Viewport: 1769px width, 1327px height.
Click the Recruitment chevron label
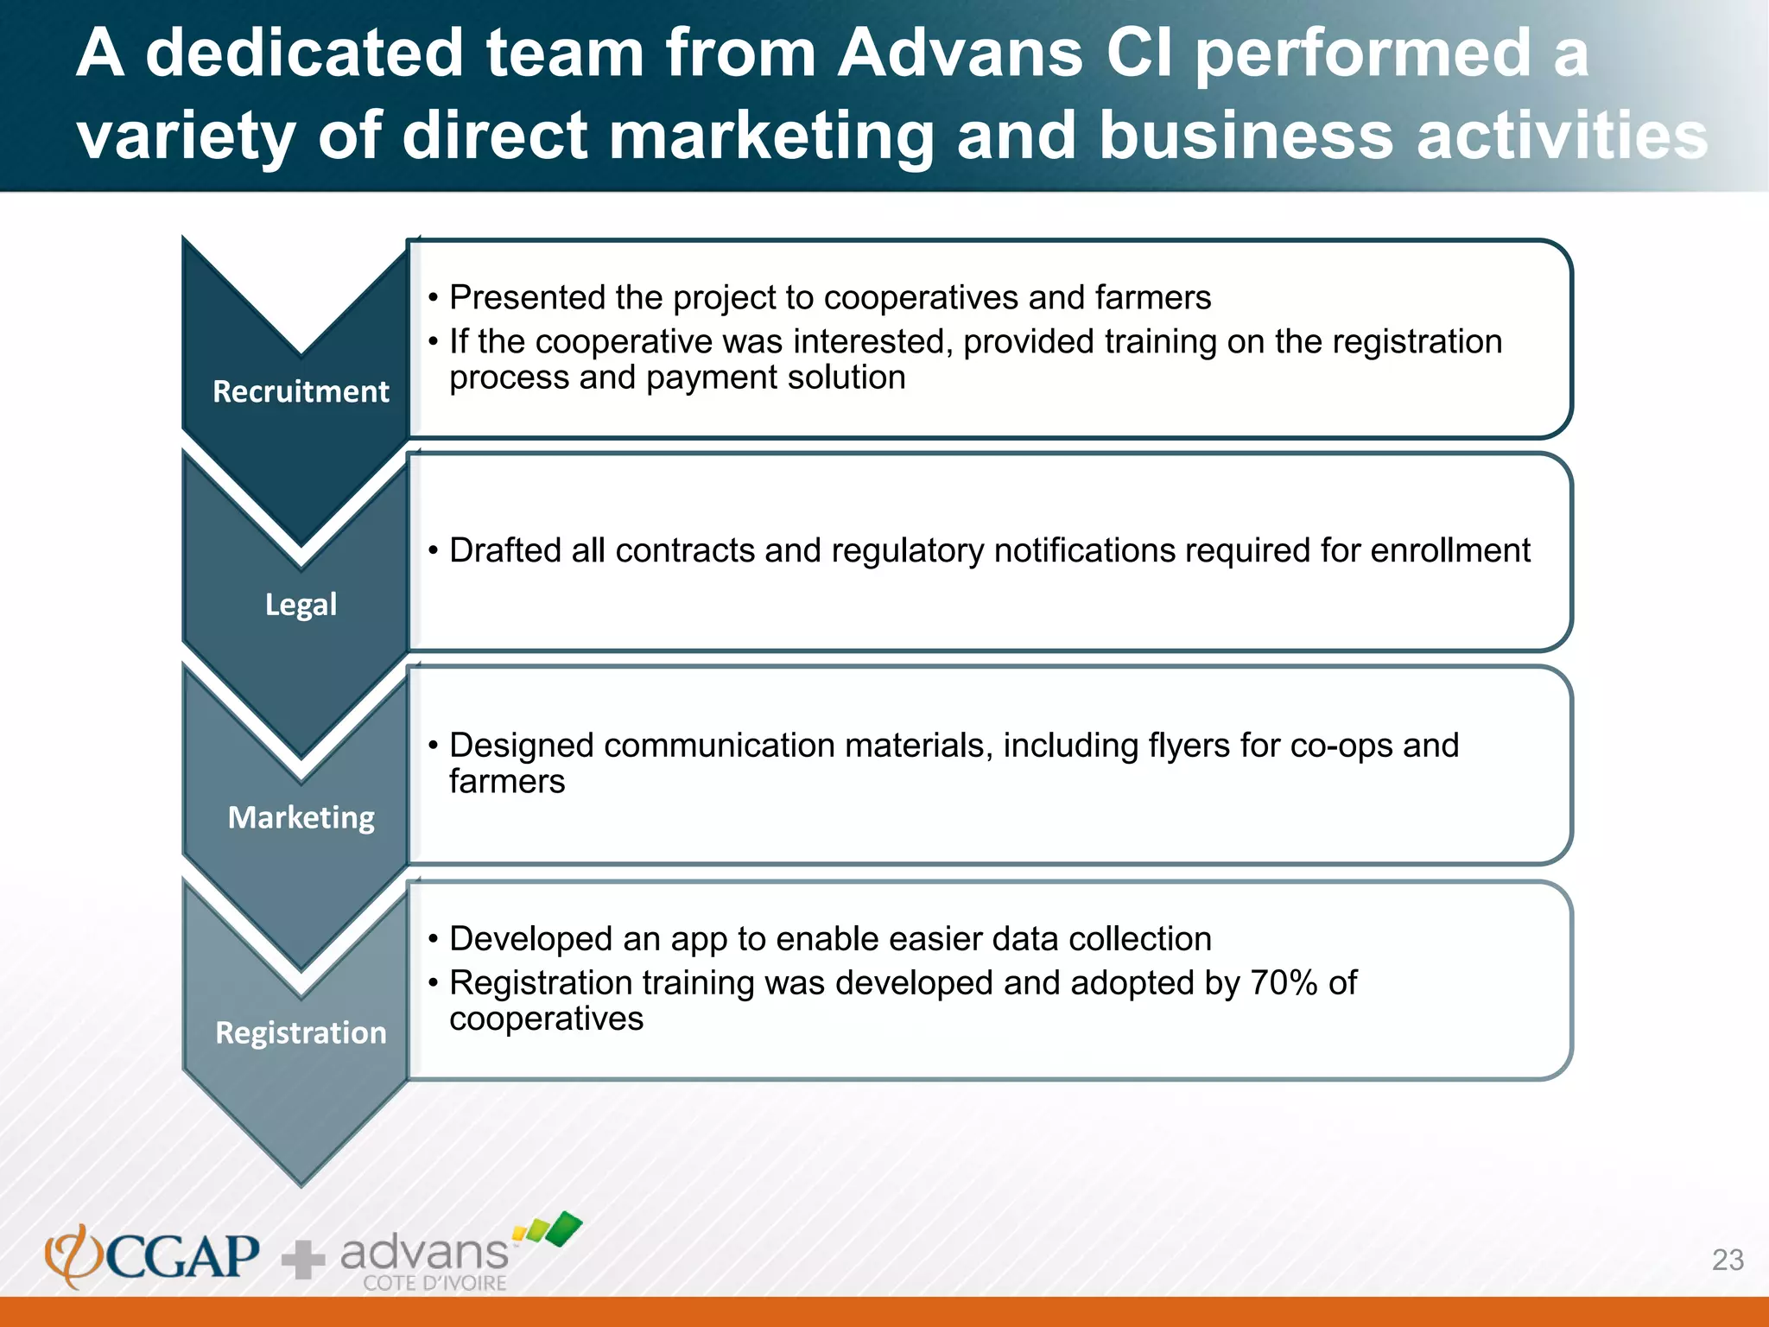[x=301, y=391]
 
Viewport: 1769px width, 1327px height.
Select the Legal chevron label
[x=301, y=604]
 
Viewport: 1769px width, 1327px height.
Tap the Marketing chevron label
[x=301, y=817]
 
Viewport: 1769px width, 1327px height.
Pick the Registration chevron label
[x=301, y=1032]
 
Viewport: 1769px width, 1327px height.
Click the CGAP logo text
[x=181, y=1256]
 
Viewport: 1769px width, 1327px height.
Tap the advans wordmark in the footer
[x=425, y=1252]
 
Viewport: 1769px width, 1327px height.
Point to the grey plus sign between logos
[x=303, y=1260]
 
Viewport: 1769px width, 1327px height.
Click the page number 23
[x=1728, y=1260]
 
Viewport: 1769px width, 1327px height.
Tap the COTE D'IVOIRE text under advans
[x=434, y=1283]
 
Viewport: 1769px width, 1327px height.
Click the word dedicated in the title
[x=305, y=54]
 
